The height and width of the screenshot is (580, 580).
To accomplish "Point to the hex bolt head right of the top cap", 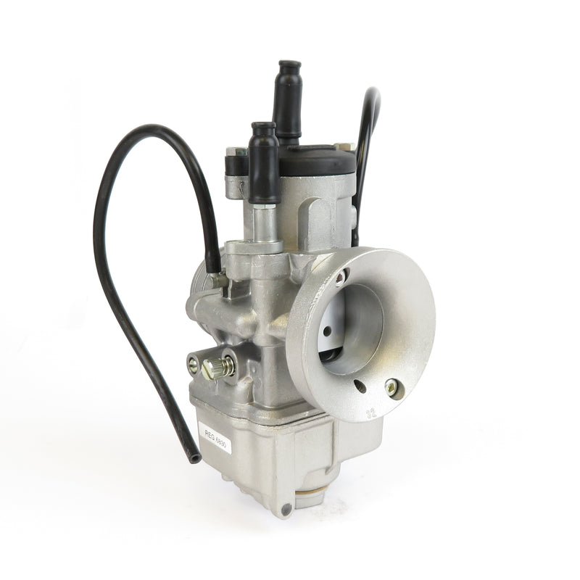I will click(x=347, y=147).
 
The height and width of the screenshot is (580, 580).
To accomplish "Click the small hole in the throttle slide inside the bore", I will click(x=328, y=331).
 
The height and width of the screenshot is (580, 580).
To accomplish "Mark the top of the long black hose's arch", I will click(x=145, y=129).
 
